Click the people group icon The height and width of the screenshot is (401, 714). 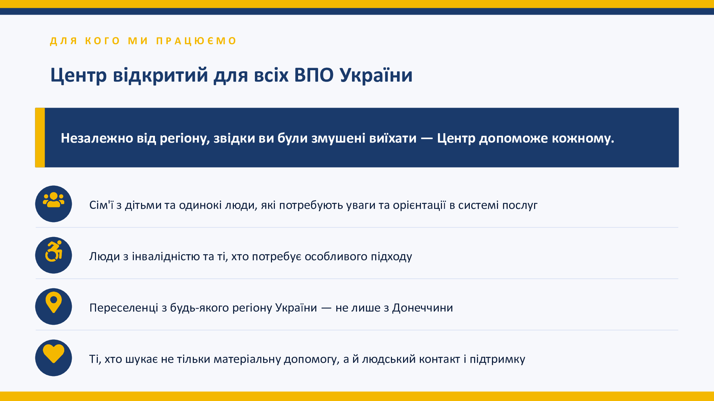(x=54, y=200)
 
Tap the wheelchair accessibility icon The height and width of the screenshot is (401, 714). (x=54, y=251)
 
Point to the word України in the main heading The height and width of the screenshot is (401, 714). (x=376, y=75)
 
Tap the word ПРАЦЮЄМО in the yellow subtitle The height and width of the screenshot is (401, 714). (x=196, y=41)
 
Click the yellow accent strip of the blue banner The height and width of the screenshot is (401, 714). (x=40, y=138)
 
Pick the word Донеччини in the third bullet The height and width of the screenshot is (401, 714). (x=422, y=308)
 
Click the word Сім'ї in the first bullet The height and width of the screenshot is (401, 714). (x=101, y=205)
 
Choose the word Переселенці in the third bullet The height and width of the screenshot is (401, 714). (x=124, y=308)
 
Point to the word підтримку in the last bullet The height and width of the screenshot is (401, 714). (x=497, y=359)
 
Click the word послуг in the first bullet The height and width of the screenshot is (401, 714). (x=520, y=205)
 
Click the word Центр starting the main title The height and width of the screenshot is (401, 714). (x=79, y=75)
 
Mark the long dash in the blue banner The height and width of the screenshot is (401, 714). (x=427, y=138)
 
